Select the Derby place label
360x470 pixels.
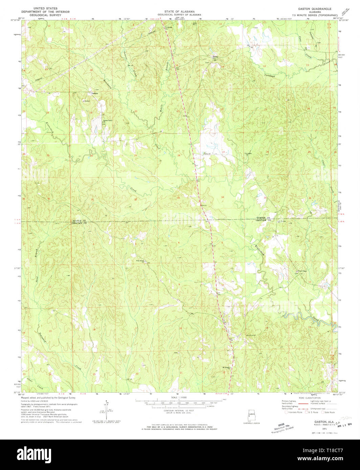point(215,57)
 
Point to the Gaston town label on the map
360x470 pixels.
point(94,94)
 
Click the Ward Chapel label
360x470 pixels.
point(302,271)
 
